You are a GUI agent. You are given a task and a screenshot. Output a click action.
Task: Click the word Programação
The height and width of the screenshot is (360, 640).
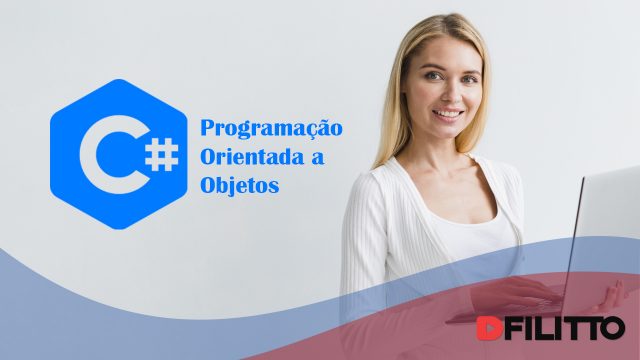[x=271, y=130]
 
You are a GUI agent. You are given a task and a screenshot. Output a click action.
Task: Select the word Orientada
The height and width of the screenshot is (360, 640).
[x=255, y=158]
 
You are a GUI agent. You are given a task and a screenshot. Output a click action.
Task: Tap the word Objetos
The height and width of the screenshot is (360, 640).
[x=241, y=186]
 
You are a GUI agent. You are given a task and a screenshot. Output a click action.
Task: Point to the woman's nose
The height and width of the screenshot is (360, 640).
[x=447, y=96]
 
